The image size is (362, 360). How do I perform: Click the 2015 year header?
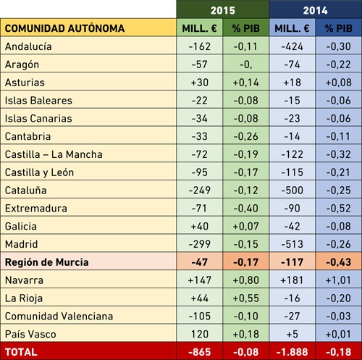click(x=222, y=10)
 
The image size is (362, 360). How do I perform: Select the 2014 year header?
click(x=315, y=10)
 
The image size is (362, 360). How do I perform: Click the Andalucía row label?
click(x=28, y=46)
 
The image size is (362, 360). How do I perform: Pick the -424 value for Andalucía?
click(x=292, y=46)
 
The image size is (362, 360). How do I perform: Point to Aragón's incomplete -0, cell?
click(x=245, y=64)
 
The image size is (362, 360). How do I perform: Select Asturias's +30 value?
click(x=200, y=83)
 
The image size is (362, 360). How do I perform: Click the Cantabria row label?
click(x=28, y=136)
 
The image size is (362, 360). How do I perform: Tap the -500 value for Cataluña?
click(x=292, y=191)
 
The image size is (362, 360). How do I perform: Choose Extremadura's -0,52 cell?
click(x=338, y=208)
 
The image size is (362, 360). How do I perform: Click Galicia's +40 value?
click(x=200, y=226)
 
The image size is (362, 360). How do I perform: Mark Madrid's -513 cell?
click(x=292, y=244)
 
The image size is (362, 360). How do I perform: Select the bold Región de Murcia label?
click(x=47, y=262)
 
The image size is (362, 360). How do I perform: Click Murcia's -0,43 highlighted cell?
click(x=338, y=262)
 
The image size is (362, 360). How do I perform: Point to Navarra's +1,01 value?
click(x=338, y=280)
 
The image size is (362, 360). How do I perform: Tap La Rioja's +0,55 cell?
click(x=245, y=298)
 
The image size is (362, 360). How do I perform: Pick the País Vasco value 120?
click(x=200, y=334)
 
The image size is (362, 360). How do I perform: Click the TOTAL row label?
click(x=21, y=352)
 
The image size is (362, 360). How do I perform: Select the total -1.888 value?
click(x=292, y=352)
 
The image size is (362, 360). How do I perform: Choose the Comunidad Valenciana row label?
click(x=59, y=317)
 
